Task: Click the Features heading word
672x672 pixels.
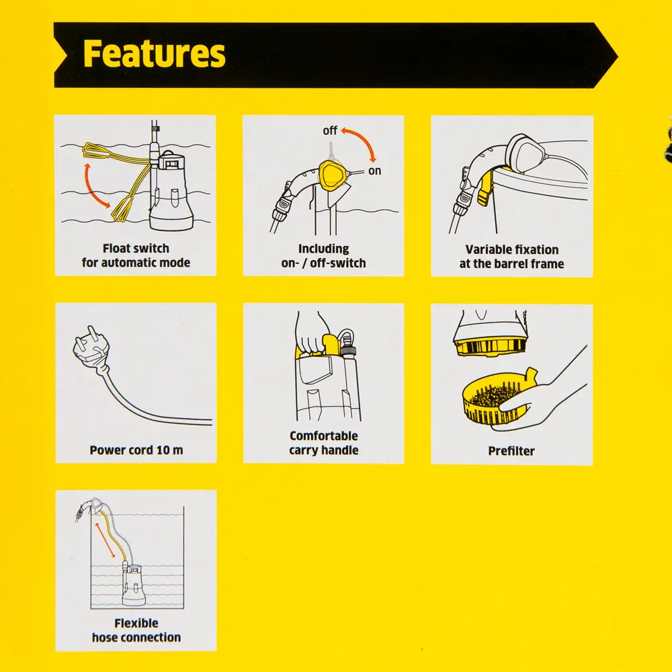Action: (x=154, y=54)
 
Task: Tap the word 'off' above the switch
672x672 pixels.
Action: (x=330, y=130)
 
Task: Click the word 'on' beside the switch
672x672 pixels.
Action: (x=374, y=171)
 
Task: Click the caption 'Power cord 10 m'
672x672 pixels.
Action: (x=136, y=450)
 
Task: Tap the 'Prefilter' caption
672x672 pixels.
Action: (x=511, y=451)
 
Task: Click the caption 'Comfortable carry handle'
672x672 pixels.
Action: (x=324, y=443)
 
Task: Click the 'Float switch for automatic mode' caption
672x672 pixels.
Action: (x=136, y=256)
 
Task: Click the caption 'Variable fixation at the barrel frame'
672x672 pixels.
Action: (x=512, y=257)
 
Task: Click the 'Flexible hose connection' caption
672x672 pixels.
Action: (x=136, y=630)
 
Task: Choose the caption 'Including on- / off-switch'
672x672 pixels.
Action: (x=323, y=256)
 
